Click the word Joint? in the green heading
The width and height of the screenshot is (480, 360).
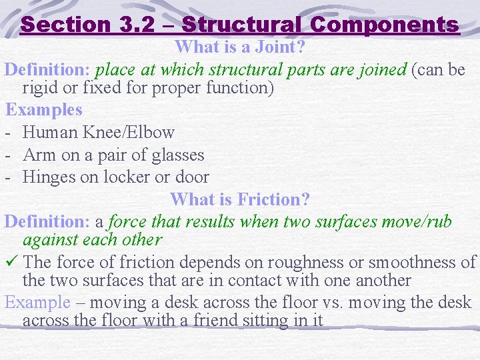279,47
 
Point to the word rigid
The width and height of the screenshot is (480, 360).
42,87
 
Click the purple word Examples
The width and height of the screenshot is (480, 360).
44,110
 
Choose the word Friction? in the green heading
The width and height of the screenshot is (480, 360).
274,199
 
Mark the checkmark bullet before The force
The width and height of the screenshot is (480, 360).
11,263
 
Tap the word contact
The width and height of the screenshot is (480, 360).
259,281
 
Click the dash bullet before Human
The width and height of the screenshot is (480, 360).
9,133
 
